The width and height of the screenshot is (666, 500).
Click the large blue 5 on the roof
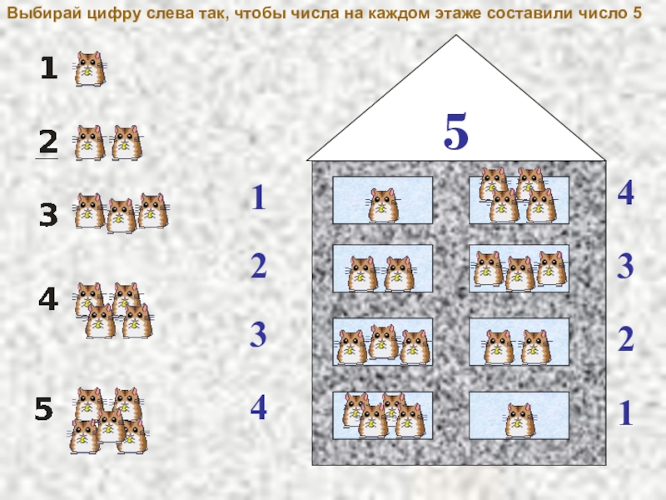click(456, 132)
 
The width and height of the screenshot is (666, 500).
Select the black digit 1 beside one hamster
click(49, 68)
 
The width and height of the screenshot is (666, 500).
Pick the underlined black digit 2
click(48, 142)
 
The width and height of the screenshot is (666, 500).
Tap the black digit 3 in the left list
click(48, 215)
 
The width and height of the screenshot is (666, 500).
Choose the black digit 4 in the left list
click(48, 298)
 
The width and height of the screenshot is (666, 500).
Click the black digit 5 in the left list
click(43, 408)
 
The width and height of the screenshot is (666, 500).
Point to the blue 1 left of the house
click(259, 197)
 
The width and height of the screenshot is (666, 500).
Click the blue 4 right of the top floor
click(626, 192)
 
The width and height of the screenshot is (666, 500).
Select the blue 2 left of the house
click(259, 266)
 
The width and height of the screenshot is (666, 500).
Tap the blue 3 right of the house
click(625, 267)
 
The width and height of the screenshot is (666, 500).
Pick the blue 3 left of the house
click(258, 335)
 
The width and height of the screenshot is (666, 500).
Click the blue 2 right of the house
click(626, 339)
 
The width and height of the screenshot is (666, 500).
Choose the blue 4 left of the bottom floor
click(258, 407)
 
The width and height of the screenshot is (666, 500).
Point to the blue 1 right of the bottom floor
click(626, 412)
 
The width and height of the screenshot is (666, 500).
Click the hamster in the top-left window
click(383, 206)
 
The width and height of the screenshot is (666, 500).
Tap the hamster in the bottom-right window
click(519, 421)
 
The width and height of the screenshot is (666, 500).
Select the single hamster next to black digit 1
click(90, 69)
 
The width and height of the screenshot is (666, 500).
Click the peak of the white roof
click(456, 35)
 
